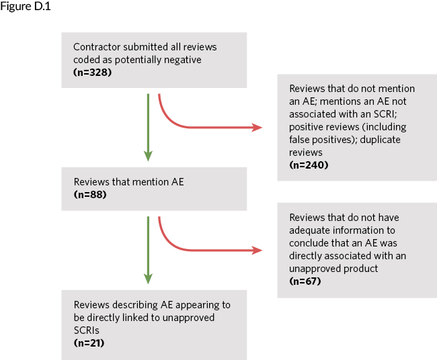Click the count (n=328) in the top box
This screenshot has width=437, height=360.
click(92, 71)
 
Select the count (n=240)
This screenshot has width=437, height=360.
click(309, 165)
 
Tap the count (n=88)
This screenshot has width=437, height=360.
click(90, 195)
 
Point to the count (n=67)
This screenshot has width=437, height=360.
click(305, 281)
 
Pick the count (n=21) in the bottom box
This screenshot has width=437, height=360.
click(89, 343)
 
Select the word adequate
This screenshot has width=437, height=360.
click(311, 230)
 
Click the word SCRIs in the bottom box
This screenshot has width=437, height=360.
click(87, 330)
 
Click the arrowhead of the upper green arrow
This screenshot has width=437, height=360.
click(148, 156)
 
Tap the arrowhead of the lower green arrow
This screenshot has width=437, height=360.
click(148, 279)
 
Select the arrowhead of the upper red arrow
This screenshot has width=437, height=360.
click(257, 127)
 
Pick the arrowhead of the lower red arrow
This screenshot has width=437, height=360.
click(257, 250)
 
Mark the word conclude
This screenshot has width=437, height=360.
click(311, 243)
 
